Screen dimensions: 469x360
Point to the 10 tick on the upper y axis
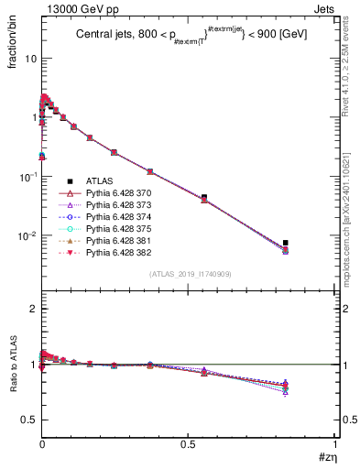point(28,58)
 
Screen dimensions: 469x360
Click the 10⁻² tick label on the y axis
point(25,236)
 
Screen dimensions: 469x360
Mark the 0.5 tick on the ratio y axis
point(27,420)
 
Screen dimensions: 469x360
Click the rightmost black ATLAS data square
point(286,243)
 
